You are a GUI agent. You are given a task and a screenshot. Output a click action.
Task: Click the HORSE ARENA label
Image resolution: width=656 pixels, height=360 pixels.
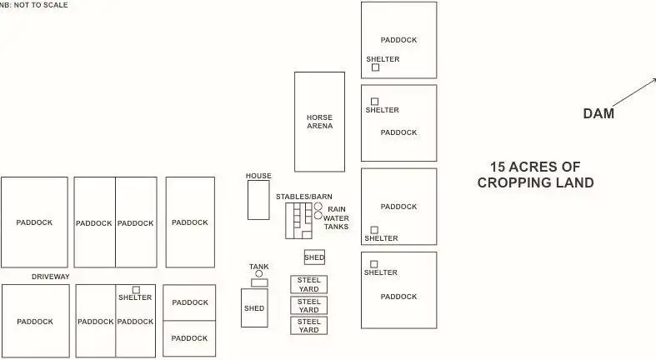point(319,122)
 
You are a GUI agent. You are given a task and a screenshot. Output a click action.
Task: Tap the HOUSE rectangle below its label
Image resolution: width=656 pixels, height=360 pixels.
point(258,201)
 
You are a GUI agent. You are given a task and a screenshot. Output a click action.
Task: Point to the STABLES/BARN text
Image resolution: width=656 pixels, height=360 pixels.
point(304,196)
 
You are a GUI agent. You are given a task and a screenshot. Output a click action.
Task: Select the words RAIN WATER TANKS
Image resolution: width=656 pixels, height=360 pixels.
point(336,217)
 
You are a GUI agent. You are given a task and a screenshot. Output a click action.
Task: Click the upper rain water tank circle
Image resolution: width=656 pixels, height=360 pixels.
point(318,207)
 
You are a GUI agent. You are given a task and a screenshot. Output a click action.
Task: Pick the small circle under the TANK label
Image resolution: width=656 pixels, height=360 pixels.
point(259,273)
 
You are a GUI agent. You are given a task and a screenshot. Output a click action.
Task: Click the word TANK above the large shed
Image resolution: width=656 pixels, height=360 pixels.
point(259,267)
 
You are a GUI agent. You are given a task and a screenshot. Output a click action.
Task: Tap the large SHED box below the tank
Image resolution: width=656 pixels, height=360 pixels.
point(254,308)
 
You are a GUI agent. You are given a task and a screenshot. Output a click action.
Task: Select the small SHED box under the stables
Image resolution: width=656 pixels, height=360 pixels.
point(314,257)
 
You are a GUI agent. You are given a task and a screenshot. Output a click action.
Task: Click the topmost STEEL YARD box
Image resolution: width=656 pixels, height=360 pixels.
point(308,284)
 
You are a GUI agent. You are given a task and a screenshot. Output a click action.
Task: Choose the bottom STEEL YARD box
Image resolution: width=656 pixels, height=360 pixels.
point(308,325)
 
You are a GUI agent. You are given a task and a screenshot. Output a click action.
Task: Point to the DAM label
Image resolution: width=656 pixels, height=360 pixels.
point(598,114)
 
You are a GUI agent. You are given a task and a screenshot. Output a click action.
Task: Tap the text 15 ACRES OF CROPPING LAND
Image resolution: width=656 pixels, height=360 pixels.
point(535,174)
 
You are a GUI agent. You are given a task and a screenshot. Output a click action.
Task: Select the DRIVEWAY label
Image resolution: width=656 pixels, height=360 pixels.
point(51,277)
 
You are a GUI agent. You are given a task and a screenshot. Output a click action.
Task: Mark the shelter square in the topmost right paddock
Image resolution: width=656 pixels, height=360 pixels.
point(375,67)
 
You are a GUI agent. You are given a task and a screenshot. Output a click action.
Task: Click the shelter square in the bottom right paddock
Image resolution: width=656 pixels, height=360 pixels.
point(373,264)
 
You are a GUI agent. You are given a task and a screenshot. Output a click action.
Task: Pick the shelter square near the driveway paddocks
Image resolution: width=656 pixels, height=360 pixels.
point(136,290)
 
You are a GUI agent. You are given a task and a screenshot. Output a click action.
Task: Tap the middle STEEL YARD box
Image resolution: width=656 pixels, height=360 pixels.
point(308,305)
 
